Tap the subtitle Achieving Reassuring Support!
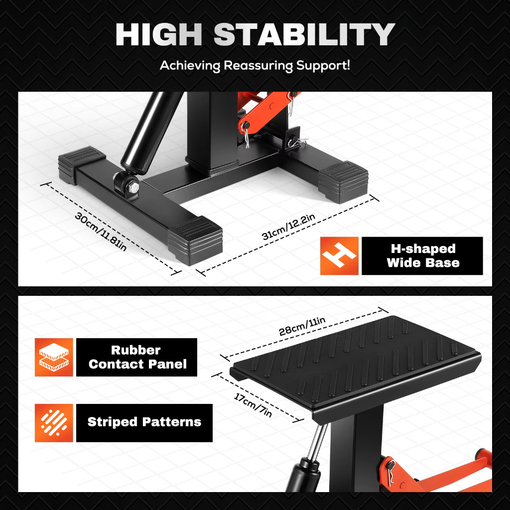pyautogui.click(x=255, y=66)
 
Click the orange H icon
pyautogui.click(x=339, y=256)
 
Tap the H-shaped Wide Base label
pyautogui.click(x=422, y=256)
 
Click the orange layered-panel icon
pyautogui.click(x=54, y=357)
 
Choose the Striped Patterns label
pyautogui.click(x=144, y=422)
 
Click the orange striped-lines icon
pyautogui.click(x=54, y=423)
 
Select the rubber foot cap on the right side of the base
pyautogui.click(x=344, y=179)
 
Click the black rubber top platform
pyautogui.click(x=354, y=359)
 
